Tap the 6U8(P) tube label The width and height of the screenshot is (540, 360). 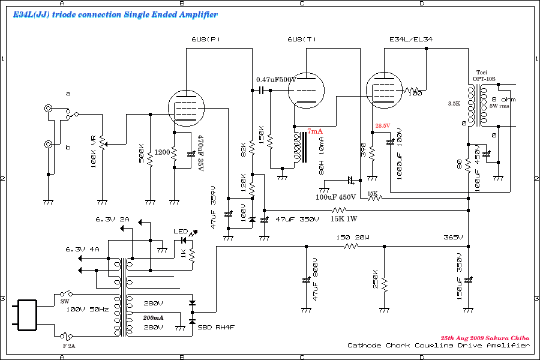[206, 40]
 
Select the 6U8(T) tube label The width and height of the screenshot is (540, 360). [302, 40]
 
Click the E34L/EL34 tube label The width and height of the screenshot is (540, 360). [411, 40]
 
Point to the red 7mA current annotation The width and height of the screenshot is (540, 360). [315, 131]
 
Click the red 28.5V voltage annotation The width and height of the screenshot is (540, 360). [383, 125]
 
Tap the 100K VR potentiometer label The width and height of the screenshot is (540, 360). [94, 152]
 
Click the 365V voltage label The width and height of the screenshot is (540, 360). [455, 238]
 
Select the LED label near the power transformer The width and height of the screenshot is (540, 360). [181, 232]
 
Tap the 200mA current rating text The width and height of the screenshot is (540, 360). [153, 317]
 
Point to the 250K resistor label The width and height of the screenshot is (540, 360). [374, 280]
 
